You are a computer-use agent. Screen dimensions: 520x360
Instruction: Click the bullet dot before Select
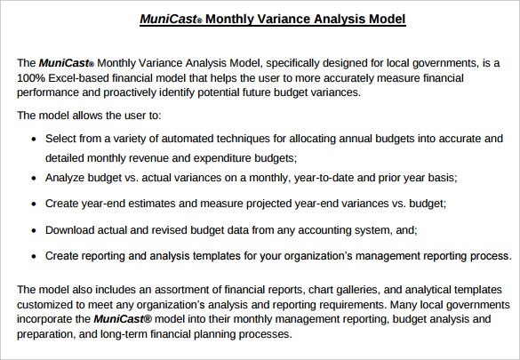[x=34, y=140]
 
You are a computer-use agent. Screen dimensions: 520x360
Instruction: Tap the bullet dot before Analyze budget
[x=34, y=178]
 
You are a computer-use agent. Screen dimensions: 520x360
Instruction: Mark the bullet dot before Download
[x=34, y=230]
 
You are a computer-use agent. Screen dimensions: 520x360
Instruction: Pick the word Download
[x=74, y=230]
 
